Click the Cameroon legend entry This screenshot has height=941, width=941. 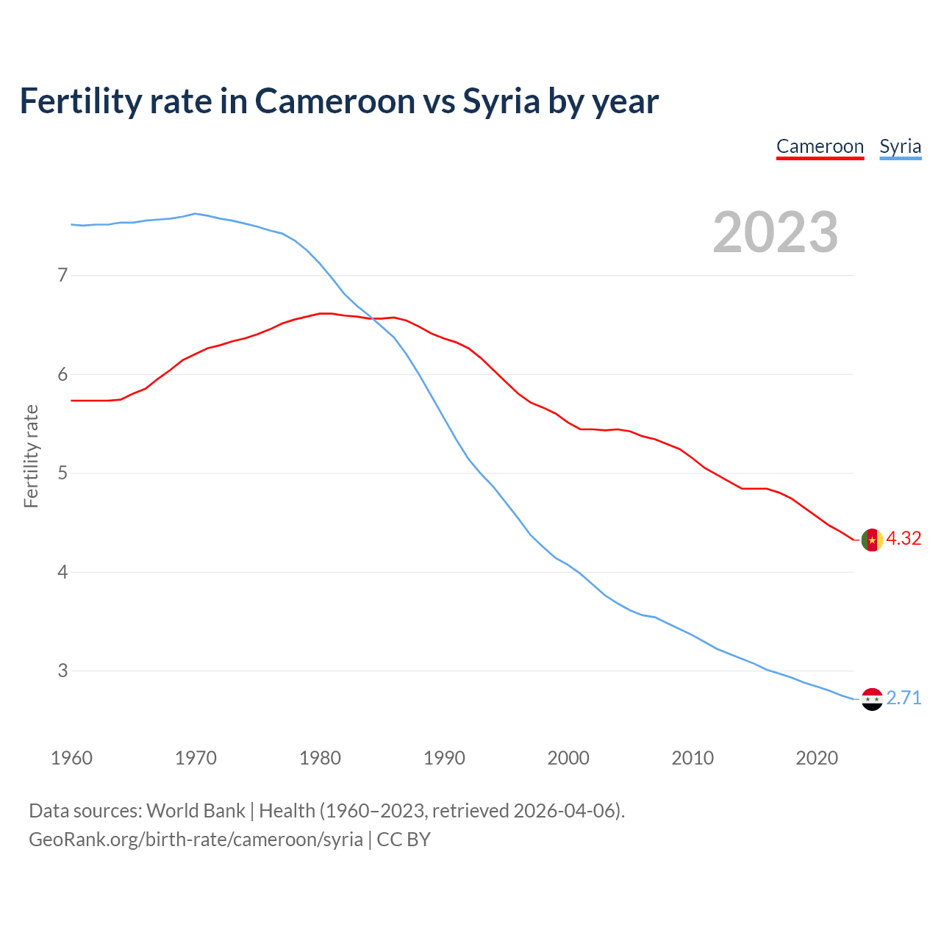tap(820, 146)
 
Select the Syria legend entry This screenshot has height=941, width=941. tap(900, 146)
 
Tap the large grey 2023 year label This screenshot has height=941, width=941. tap(776, 232)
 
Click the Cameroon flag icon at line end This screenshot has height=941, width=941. tap(871, 540)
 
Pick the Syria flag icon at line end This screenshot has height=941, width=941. tap(871, 699)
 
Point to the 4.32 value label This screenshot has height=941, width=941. tap(904, 539)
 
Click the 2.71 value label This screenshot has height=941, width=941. tap(904, 698)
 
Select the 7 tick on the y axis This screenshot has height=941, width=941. tap(62, 276)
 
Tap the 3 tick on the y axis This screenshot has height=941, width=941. tap(62, 670)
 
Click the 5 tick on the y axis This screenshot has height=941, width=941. tap(62, 473)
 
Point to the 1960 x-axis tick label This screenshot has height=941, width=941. tap(71, 758)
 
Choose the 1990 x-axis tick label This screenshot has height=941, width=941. tap(444, 758)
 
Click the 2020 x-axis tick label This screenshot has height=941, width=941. tap(817, 758)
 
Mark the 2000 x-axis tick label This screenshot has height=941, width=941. tap(568, 758)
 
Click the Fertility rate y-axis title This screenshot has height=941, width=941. tap(31, 456)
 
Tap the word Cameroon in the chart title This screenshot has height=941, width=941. tap(335, 101)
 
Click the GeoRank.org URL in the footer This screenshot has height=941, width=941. tap(196, 840)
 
